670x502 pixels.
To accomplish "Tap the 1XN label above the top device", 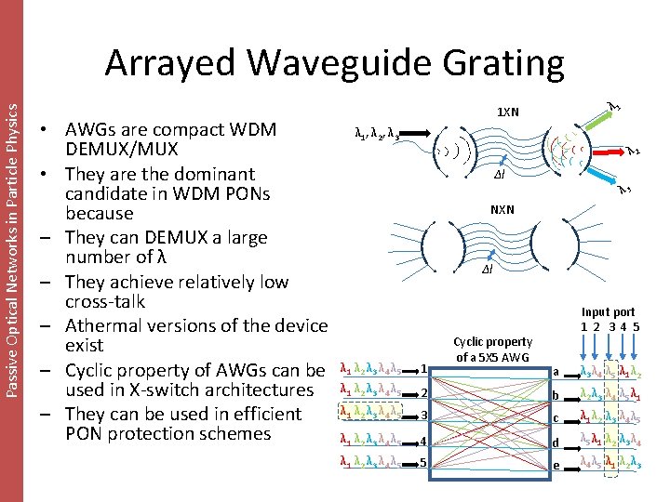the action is tap(508, 112).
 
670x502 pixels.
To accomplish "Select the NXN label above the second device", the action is tap(502, 210).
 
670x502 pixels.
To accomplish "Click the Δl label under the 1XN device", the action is tap(499, 173).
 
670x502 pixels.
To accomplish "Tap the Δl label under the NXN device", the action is tap(487, 270).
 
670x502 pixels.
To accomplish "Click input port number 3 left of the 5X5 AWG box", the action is tap(423, 415).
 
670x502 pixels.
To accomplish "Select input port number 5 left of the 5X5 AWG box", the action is tap(423, 462).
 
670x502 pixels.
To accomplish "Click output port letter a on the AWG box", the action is tap(556, 372).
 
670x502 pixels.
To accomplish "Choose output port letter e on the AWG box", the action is tap(556, 465).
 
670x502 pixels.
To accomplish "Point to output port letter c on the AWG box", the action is tap(556, 418).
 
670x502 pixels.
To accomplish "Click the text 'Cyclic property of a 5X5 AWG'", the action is tap(492, 350).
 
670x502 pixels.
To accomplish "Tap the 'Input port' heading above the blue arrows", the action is tap(608, 312).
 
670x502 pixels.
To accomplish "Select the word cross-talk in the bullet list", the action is tap(105, 302).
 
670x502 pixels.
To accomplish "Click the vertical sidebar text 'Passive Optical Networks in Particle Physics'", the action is tap(11, 237).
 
